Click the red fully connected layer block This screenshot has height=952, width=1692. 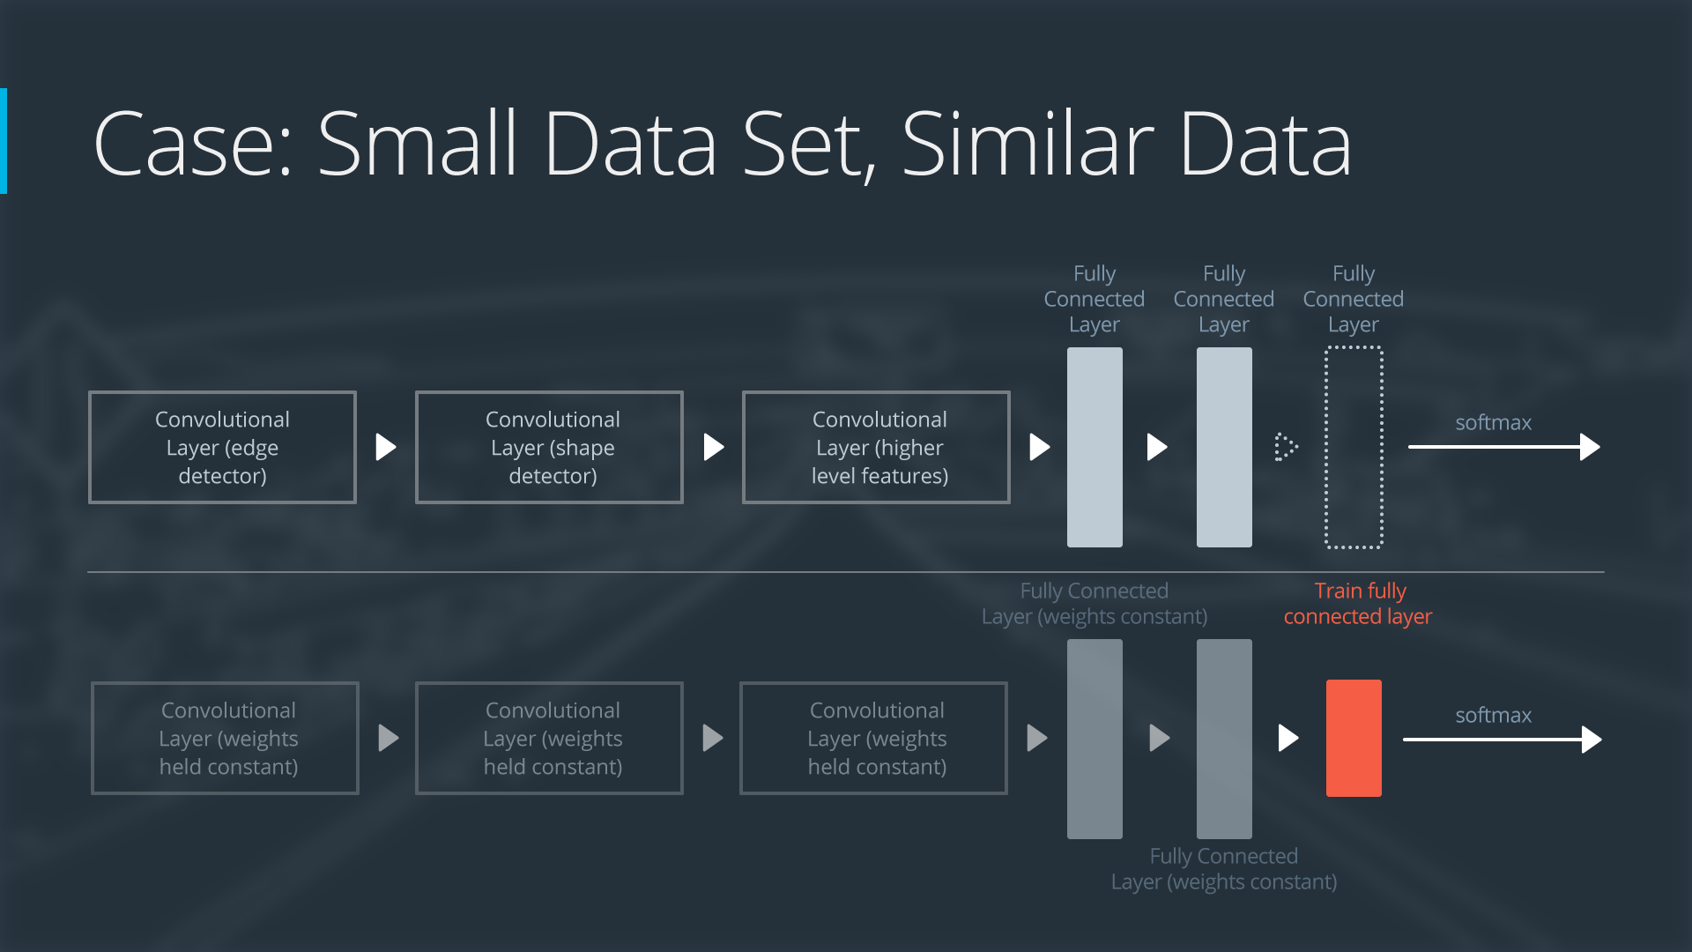(x=1354, y=738)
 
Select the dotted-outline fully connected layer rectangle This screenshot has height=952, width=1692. (x=1354, y=447)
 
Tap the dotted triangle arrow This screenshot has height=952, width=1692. (x=1286, y=447)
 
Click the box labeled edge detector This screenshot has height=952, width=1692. (x=222, y=447)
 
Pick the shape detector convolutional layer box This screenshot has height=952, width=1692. (x=549, y=447)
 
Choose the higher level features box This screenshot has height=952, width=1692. (x=876, y=447)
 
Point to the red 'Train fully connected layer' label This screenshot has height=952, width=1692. (x=1358, y=604)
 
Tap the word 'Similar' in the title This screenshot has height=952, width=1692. (x=1028, y=144)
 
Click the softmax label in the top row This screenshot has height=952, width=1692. (x=1493, y=422)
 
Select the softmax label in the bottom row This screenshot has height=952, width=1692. (x=1493, y=715)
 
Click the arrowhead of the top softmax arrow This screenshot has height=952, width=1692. (x=1590, y=447)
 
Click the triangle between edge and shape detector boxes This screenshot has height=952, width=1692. (x=385, y=447)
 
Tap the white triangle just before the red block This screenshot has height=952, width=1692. (x=1288, y=738)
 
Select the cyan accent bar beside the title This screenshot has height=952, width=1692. (x=4, y=141)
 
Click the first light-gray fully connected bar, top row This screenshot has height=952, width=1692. (x=1095, y=447)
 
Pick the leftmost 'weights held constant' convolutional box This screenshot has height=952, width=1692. (x=225, y=738)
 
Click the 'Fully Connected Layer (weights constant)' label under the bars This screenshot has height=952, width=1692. (x=1224, y=869)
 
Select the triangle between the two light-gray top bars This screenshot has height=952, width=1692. (x=1156, y=447)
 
